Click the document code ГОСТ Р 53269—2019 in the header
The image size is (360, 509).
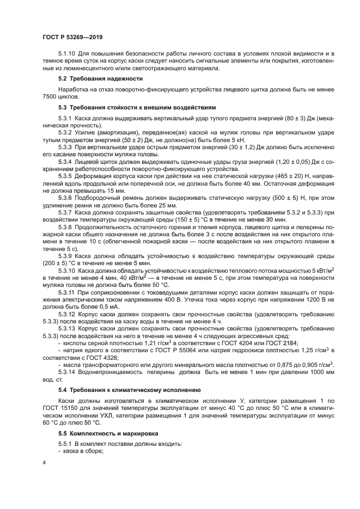(72, 37)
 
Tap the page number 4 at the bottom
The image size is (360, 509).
(43, 462)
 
